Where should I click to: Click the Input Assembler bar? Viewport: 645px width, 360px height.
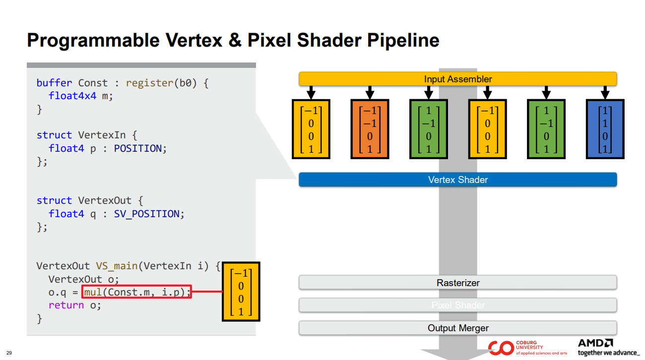pyautogui.click(x=457, y=79)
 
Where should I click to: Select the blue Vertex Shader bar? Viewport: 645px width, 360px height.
pyautogui.click(x=457, y=180)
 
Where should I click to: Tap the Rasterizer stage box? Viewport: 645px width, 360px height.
pyautogui.click(x=457, y=283)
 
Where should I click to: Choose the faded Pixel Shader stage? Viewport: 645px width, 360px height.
pyautogui.click(x=457, y=305)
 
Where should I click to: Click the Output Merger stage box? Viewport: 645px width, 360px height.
pyautogui.click(x=457, y=328)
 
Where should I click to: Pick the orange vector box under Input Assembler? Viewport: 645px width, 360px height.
pyautogui.click(x=370, y=129)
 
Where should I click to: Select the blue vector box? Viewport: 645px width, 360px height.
pyautogui.click(x=605, y=129)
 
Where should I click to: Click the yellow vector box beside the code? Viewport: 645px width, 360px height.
pyautogui.click(x=241, y=292)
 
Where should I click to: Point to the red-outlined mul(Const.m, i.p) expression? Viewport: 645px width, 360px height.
pyautogui.click(x=136, y=292)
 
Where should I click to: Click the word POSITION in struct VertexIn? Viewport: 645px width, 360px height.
pyautogui.click(x=138, y=148)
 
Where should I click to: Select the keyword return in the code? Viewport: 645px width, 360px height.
pyautogui.click(x=66, y=305)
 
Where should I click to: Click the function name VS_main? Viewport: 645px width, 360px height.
pyautogui.click(x=117, y=266)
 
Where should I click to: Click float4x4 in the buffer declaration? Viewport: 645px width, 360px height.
pyautogui.click(x=72, y=96)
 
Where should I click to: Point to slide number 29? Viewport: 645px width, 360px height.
pyautogui.click(x=9, y=353)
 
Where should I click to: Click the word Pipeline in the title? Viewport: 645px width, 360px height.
pyautogui.click(x=403, y=40)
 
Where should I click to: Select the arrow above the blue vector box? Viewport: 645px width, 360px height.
pyautogui.click(x=605, y=92)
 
